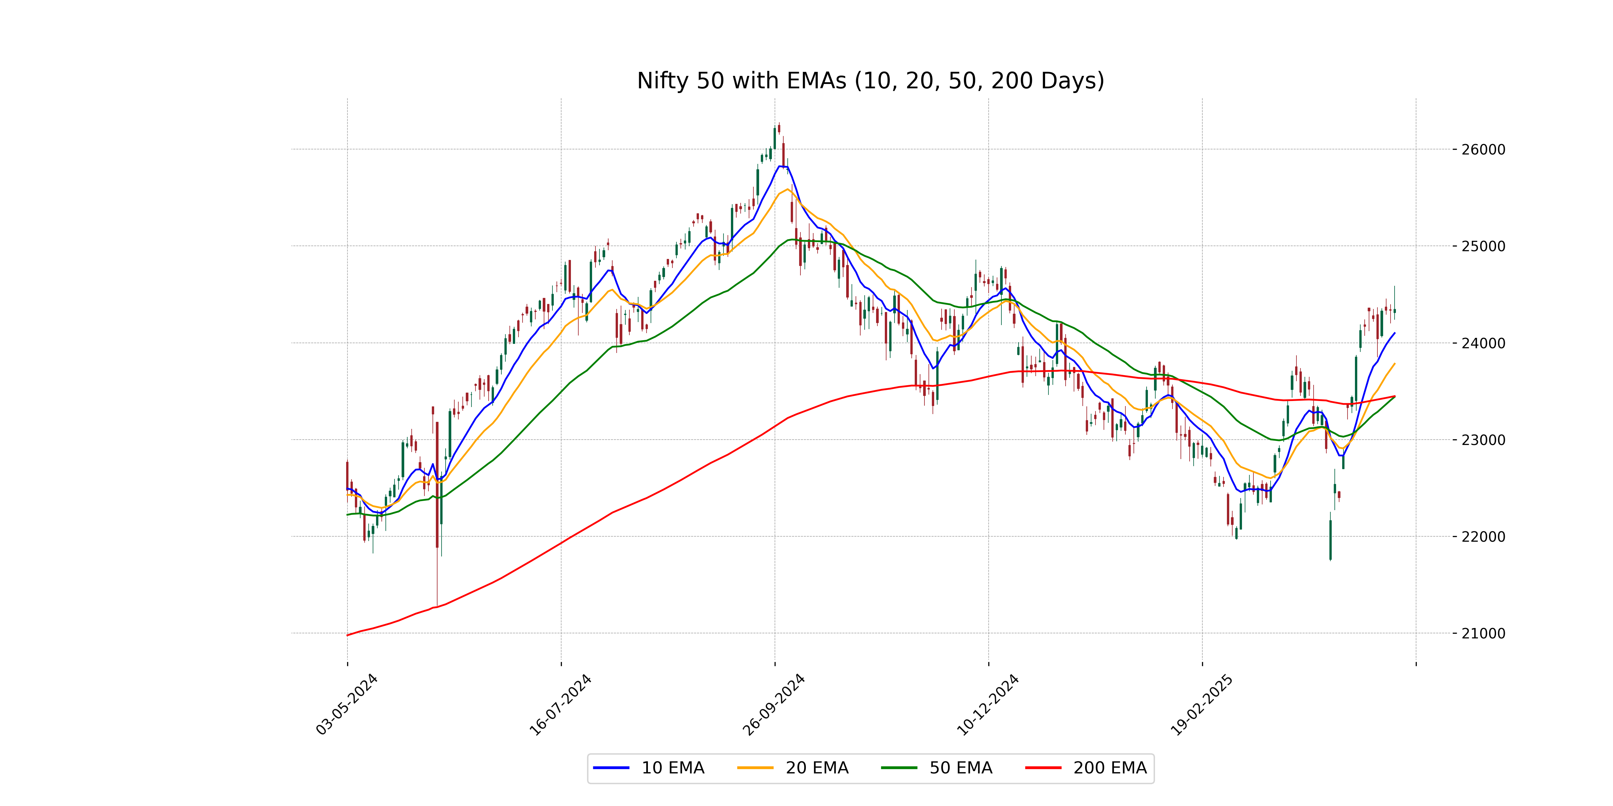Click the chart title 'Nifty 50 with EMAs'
pyautogui.click(x=870, y=81)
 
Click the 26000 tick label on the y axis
pyautogui.click(x=1483, y=149)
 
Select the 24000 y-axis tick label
pyautogui.click(x=1483, y=343)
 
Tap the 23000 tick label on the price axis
pyautogui.click(x=1483, y=440)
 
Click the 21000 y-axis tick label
pyautogui.click(x=1483, y=633)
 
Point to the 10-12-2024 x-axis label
pyautogui.click(x=988, y=705)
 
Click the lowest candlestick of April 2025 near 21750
pyautogui.click(x=1331, y=539)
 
